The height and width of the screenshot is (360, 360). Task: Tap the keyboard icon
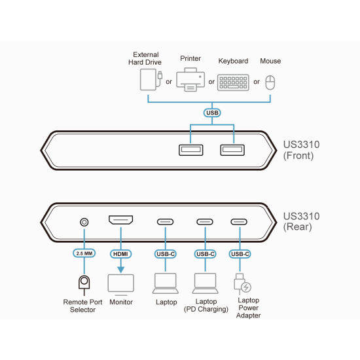pos(233,82)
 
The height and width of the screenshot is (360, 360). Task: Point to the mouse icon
pos(270,82)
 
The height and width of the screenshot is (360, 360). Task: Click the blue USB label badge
pos(211,113)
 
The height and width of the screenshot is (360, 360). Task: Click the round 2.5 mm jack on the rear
pos(84,222)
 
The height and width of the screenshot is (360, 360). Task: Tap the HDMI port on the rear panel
pos(121,222)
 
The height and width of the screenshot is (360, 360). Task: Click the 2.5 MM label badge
pos(84,253)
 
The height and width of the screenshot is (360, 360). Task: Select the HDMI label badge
pos(121,253)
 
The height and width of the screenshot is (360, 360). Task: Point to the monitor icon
pos(121,284)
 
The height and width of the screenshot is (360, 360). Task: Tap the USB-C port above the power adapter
pos(240,222)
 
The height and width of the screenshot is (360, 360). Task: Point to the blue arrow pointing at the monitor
pos(121,267)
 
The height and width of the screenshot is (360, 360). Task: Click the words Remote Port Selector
pos(83,306)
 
